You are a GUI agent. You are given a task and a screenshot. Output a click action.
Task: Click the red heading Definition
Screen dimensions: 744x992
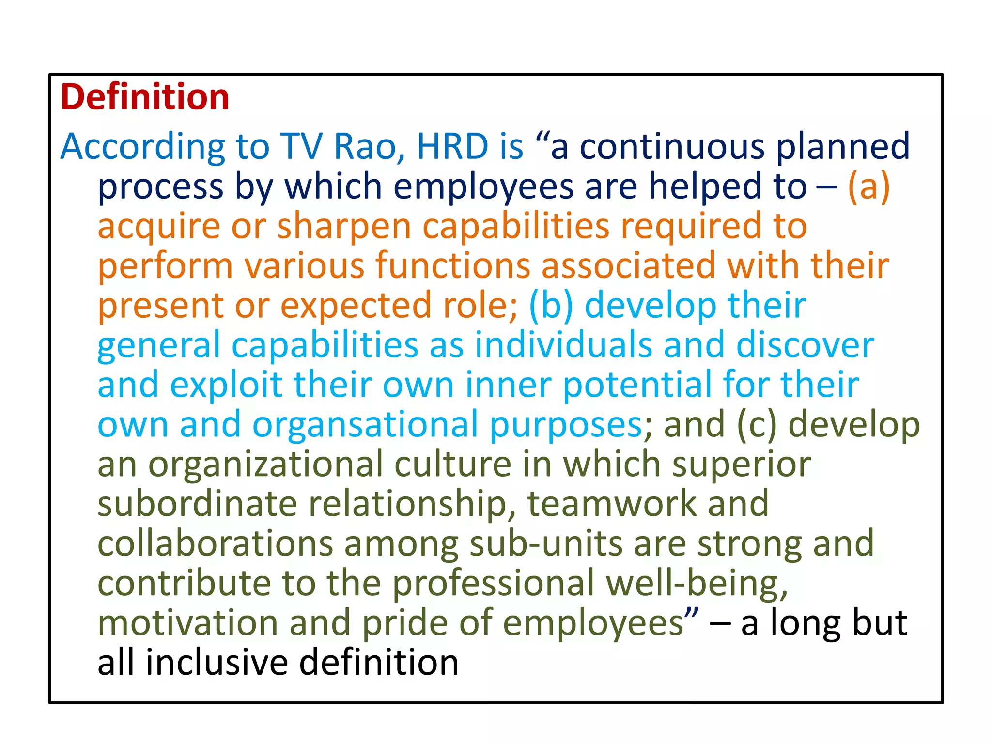click(145, 97)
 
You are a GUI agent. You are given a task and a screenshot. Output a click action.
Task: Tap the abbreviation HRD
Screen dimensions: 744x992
click(452, 146)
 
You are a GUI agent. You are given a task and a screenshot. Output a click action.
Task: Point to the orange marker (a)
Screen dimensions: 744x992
click(868, 186)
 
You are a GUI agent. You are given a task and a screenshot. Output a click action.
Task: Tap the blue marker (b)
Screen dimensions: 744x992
click(551, 306)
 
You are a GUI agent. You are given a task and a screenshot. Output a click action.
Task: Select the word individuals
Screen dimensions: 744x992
click(563, 345)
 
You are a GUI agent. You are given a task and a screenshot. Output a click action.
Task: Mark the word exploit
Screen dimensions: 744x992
click(226, 385)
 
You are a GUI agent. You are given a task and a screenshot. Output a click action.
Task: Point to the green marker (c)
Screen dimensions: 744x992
click(757, 424)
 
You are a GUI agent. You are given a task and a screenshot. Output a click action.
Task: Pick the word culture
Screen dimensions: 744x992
click(452, 464)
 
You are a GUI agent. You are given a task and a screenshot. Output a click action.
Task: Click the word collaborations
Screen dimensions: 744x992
click(215, 543)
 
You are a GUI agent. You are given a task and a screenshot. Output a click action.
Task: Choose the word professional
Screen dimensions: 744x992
click(493, 583)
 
